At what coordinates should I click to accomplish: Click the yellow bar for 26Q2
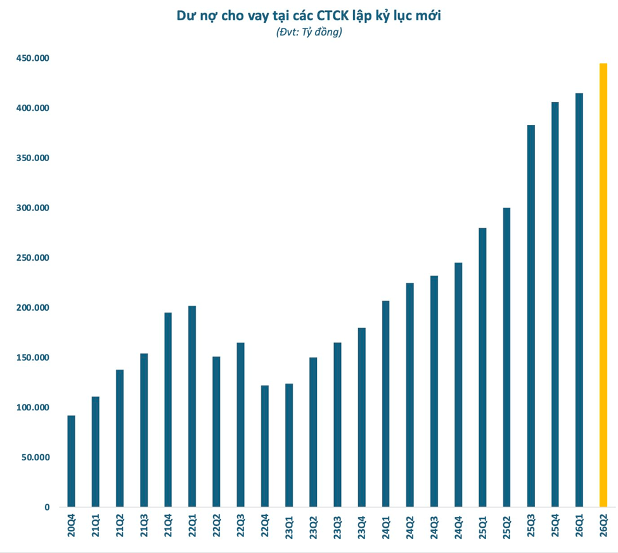pos(603,285)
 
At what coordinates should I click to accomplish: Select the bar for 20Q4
pos(72,461)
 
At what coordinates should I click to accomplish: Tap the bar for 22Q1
pos(192,407)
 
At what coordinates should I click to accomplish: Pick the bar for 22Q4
pos(265,446)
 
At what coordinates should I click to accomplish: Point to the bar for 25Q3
pos(531,316)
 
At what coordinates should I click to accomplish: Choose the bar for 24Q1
pos(385,404)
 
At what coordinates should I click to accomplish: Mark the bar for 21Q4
pos(168,410)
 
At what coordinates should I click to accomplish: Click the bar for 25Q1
pos(482,367)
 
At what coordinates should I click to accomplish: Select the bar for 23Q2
pos(313,432)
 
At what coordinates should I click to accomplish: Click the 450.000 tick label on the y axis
pos(33,58)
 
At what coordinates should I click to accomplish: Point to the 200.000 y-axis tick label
pos(33,308)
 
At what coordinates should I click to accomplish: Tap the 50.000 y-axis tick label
pos(35,457)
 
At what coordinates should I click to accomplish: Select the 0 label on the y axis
pos(47,507)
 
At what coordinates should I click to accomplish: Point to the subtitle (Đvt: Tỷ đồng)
pos(309,32)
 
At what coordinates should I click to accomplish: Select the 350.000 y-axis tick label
pos(33,158)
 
